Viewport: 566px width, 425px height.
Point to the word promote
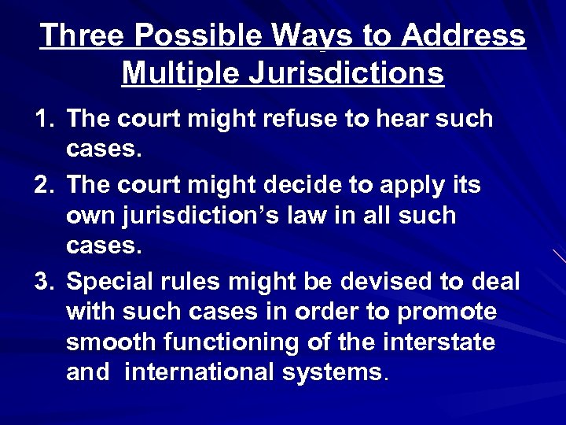[447, 312]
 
